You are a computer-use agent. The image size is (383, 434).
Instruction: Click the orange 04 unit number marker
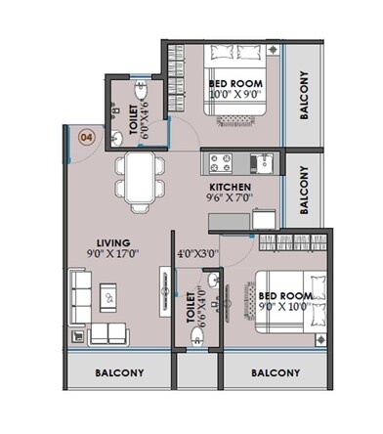coord(85,137)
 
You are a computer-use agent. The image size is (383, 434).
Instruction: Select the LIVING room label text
coord(114,241)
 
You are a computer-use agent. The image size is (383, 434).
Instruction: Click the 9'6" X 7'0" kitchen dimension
coord(231,198)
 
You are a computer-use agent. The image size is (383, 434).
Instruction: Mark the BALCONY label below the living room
coord(119,372)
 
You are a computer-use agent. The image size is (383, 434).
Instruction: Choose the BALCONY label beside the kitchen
coord(304,190)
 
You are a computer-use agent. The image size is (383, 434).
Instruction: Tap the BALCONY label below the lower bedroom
coord(274,372)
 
